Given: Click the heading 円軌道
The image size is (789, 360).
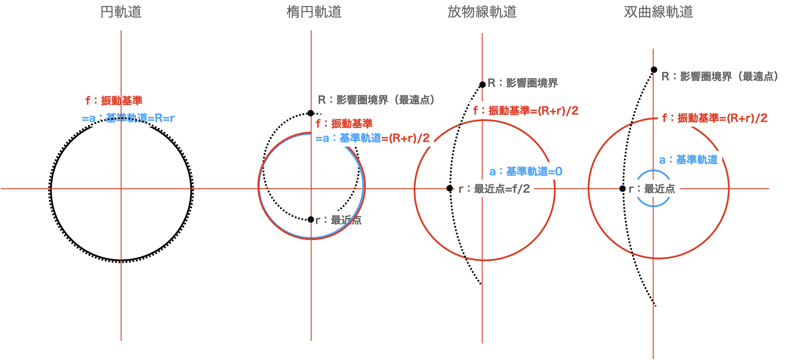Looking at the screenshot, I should (x=121, y=12).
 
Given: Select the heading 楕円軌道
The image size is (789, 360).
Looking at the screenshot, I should (x=314, y=12).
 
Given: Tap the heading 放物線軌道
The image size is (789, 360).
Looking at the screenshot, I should (x=482, y=12).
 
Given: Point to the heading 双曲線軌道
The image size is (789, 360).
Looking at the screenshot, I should (x=658, y=12).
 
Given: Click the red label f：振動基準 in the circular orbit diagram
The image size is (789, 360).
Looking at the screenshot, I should (x=114, y=101).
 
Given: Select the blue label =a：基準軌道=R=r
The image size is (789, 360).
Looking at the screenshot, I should (x=128, y=118).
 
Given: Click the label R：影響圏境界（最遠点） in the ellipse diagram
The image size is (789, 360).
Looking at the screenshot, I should (x=378, y=100).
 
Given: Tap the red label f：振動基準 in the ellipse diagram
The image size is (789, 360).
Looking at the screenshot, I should (x=344, y=124).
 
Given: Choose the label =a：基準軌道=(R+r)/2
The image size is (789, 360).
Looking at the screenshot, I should (x=372, y=138).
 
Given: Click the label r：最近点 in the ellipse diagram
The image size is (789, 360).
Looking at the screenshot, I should (x=339, y=220).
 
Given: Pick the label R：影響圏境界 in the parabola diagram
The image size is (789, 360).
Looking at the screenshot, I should (x=523, y=83).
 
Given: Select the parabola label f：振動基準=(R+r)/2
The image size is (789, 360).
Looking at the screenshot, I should (x=526, y=111).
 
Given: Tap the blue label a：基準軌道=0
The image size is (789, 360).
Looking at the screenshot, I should (x=526, y=171).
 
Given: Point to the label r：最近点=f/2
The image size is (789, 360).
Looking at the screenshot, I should (x=494, y=189).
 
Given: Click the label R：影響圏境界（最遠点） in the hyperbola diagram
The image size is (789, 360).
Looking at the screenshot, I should (x=723, y=76).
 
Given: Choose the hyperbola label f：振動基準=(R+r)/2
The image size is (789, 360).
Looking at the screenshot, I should (x=714, y=118).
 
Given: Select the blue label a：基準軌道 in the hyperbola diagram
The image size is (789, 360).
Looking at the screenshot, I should (x=688, y=160).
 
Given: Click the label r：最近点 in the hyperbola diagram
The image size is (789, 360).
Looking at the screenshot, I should (x=652, y=189).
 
